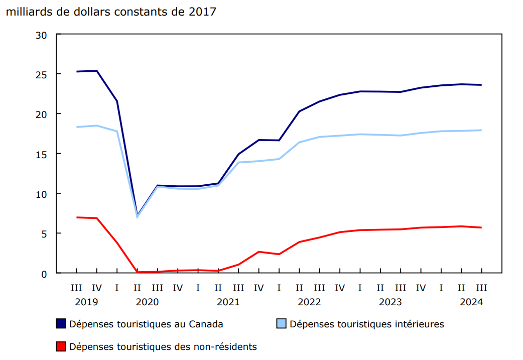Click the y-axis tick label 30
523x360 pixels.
(x=41, y=35)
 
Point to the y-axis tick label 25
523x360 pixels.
(x=41, y=74)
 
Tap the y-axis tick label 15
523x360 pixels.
(x=41, y=154)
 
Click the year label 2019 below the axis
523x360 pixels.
(x=86, y=302)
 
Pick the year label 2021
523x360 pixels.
(x=228, y=302)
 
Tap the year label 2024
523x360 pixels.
(x=471, y=302)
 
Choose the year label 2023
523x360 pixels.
(x=390, y=302)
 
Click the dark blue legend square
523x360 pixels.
(x=61, y=324)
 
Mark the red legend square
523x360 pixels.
(x=61, y=346)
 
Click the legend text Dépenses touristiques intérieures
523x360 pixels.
(x=366, y=324)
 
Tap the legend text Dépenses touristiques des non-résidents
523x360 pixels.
(x=163, y=346)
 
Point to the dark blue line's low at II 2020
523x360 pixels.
(x=137, y=214)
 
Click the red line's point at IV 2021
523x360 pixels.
(x=258, y=252)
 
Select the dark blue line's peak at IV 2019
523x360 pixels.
(x=96, y=71)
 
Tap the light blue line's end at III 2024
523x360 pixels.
(x=481, y=130)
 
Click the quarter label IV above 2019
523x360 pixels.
(x=96, y=288)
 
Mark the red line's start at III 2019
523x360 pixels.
(x=76, y=217)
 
